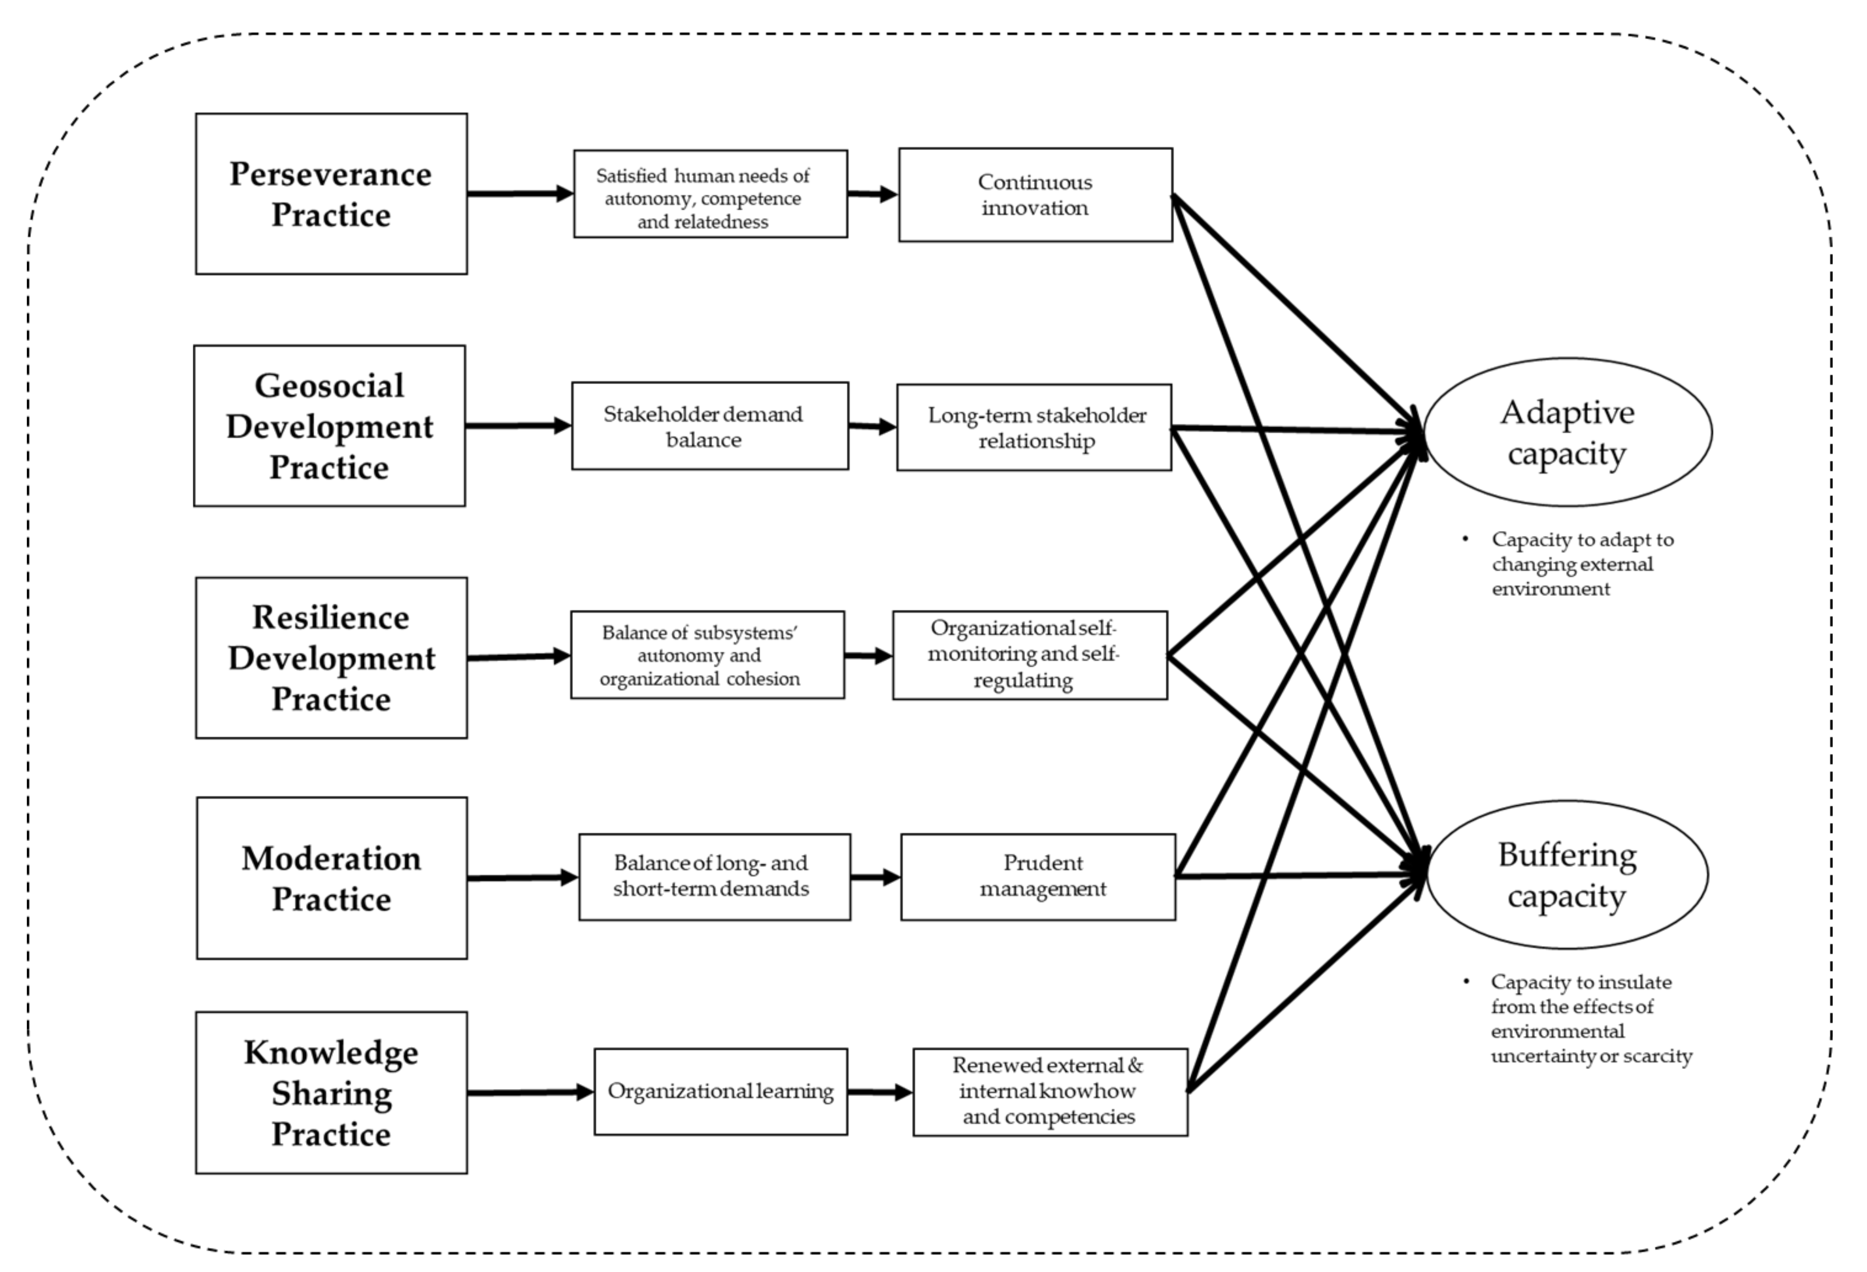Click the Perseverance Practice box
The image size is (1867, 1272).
331,194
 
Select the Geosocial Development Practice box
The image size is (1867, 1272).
329,426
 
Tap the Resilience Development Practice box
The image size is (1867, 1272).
331,657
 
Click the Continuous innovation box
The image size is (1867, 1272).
1035,195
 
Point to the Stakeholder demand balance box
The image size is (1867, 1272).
709,426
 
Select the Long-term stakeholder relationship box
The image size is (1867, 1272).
1034,427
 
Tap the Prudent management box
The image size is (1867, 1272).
1038,877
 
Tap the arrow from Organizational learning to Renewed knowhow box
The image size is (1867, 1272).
880,1092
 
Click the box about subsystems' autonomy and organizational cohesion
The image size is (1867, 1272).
707,655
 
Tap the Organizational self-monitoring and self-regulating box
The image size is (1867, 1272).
1029,655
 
